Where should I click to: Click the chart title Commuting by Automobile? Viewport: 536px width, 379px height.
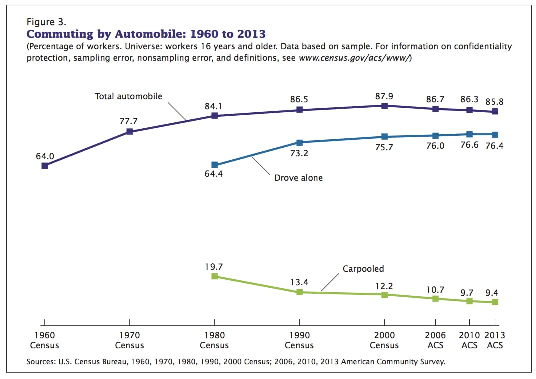click(146, 34)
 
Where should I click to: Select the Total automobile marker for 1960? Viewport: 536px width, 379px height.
click(45, 166)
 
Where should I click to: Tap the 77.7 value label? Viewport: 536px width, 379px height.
click(128, 121)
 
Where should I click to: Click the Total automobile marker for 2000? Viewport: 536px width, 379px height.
click(384, 106)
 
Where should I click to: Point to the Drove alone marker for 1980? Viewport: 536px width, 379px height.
click(214, 165)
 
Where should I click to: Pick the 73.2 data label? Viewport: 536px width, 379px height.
click(299, 154)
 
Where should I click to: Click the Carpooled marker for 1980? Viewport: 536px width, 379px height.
click(214, 276)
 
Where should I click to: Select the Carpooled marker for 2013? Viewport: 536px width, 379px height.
click(495, 302)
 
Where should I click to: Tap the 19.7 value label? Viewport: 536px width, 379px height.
click(214, 267)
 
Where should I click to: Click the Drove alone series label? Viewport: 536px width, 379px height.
click(299, 178)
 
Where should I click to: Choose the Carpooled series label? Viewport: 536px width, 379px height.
click(363, 269)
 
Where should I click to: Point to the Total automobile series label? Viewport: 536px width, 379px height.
click(128, 96)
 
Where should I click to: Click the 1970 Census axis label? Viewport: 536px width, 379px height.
click(129, 340)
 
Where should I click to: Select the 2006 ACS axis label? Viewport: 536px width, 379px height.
click(435, 340)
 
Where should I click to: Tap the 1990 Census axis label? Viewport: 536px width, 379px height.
click(299, 340)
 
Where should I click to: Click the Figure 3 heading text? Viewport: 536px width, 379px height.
click(46, 22)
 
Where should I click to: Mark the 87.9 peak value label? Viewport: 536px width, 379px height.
click(384, 96)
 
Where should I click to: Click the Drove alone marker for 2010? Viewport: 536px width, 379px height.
click(469, 134)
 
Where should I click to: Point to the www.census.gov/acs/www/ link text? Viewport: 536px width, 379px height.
click(354, 58)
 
